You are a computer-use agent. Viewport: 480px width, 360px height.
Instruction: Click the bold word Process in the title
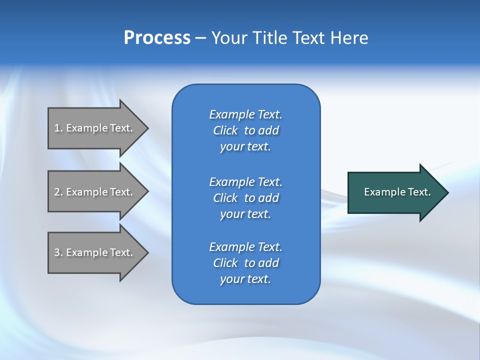157,38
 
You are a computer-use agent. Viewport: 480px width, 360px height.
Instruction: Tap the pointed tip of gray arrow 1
147,128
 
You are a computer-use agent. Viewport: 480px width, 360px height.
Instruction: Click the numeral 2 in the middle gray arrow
57,192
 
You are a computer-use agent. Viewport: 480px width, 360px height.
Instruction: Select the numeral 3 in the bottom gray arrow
57,252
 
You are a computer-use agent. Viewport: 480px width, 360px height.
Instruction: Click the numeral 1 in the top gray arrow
57,128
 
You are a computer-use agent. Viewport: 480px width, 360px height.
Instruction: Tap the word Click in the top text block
225,130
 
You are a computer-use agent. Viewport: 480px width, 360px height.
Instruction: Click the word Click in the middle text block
225,198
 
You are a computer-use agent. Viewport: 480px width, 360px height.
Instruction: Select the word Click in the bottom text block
225,263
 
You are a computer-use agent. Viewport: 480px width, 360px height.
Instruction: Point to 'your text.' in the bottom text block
245,279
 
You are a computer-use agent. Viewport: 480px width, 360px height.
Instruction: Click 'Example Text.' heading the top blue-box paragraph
245,114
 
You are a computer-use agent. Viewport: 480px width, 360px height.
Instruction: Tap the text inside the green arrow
397,192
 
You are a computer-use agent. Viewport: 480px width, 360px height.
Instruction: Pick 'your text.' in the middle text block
245,214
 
